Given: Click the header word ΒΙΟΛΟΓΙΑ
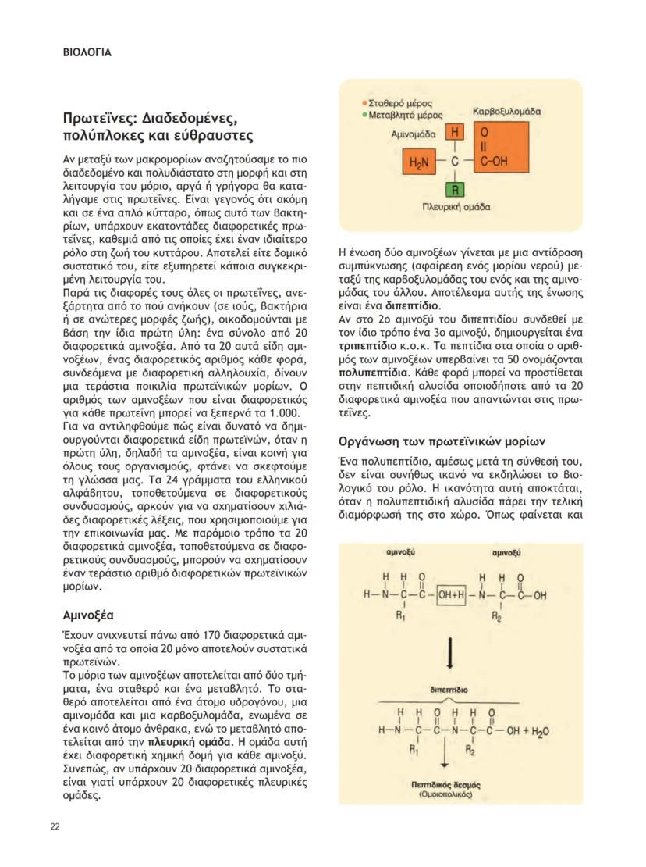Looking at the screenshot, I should pyautogui.click(x=87, y=54).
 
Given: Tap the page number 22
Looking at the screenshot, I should pyautogui.click(x=55, y=827).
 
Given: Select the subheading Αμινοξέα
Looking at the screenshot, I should pyautogui.click(x=90, y=615).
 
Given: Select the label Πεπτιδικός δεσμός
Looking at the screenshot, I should pyautogui.click(x=449, y=783).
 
